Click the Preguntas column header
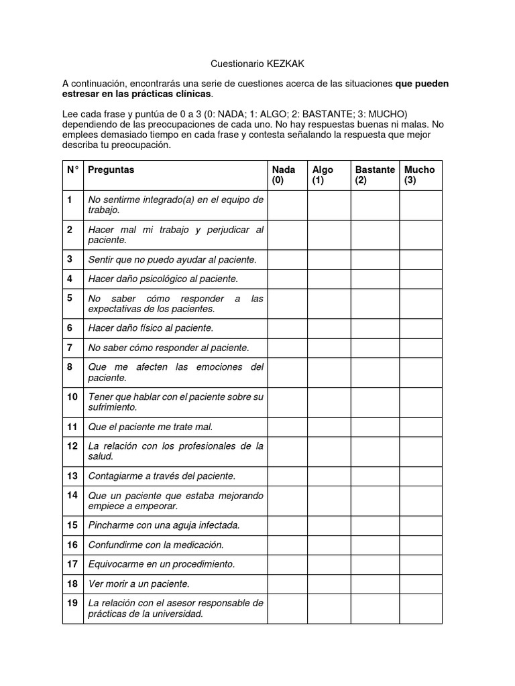click(111, 169)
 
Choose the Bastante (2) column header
click(375, 175)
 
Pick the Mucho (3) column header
click(420, 175)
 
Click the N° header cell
click(72, 169)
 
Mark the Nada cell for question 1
click(287, 205)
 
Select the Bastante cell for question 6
click(375, 328)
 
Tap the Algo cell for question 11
click(329, 427)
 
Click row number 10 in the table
click(72, 397)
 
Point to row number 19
click(72, 603)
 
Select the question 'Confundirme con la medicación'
click(156, 545)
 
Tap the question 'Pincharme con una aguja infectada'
click(164, 525)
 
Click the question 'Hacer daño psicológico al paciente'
click(163, 279)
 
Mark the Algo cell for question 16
click(329, 545)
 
